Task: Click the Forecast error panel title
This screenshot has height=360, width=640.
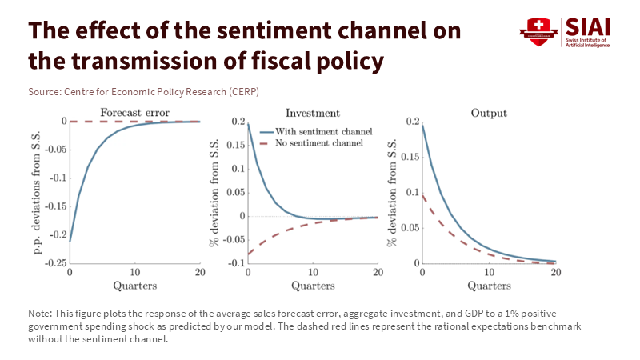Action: pos(134,113)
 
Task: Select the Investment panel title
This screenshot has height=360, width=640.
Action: pos(313,113)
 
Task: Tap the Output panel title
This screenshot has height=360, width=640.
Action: pos(490,113)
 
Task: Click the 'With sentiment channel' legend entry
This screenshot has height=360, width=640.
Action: pos(318,130)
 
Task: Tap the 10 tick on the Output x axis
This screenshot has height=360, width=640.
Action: pos(490,273)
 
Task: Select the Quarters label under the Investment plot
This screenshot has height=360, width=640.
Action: pos(313,285)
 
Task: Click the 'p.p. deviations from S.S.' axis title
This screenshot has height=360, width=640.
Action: pos(38,192)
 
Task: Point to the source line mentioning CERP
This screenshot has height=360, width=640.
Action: pos(132,92)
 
